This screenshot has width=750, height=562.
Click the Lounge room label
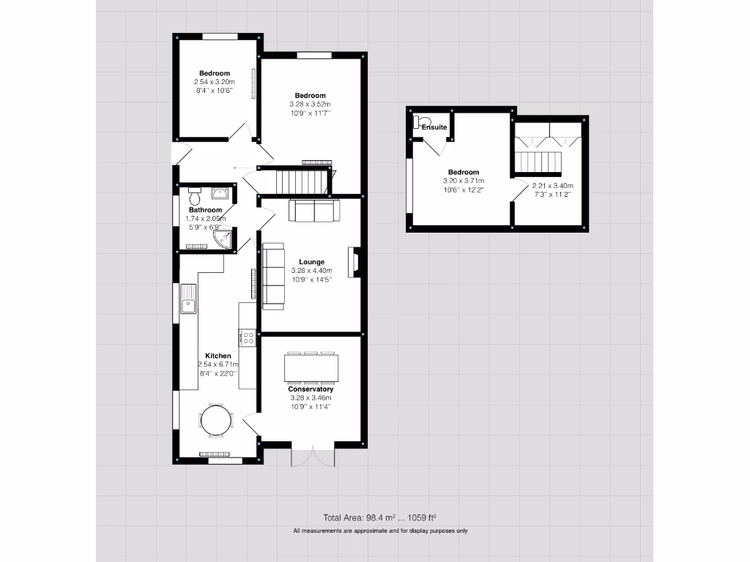pos(311,261)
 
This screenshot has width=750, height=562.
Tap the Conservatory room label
pos(311,389)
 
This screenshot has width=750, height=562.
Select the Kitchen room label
pos(218,356)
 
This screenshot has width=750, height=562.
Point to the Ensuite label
pos(434,127)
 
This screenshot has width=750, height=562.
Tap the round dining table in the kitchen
pos(216,421)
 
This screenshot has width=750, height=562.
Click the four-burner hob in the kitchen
pos(248,337)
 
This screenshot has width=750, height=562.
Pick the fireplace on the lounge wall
pos(354,263)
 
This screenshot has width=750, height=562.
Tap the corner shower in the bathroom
pos(226,239)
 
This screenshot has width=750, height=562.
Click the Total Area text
pos(379,517)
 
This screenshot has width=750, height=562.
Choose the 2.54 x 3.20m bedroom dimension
pos(215,83)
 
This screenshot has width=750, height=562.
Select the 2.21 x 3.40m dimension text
pos(552,186)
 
